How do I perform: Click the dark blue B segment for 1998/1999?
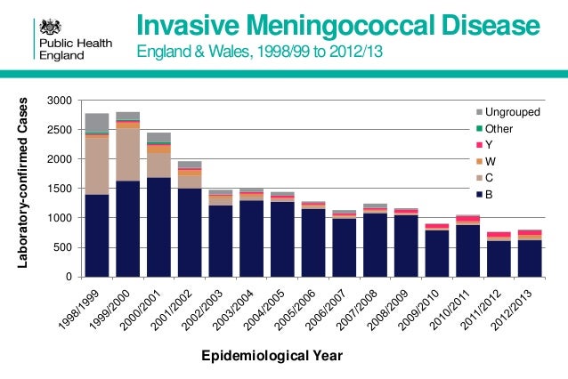click(97, 235)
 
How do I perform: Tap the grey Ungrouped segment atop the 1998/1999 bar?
click(97, 122)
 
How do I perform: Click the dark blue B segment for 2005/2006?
click(253, 243)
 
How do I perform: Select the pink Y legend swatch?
click(480, 145)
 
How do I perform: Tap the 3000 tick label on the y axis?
click(61, 101)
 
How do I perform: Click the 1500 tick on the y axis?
click(61, 189)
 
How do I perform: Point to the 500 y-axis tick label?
click(64, 247)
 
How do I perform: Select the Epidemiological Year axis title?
click(283, 356)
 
